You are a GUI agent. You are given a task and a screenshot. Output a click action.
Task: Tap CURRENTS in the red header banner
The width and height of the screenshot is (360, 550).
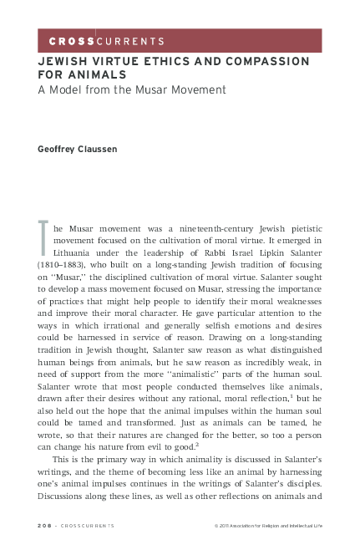130,41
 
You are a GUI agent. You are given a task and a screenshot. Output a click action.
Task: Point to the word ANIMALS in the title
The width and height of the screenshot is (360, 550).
92,74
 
